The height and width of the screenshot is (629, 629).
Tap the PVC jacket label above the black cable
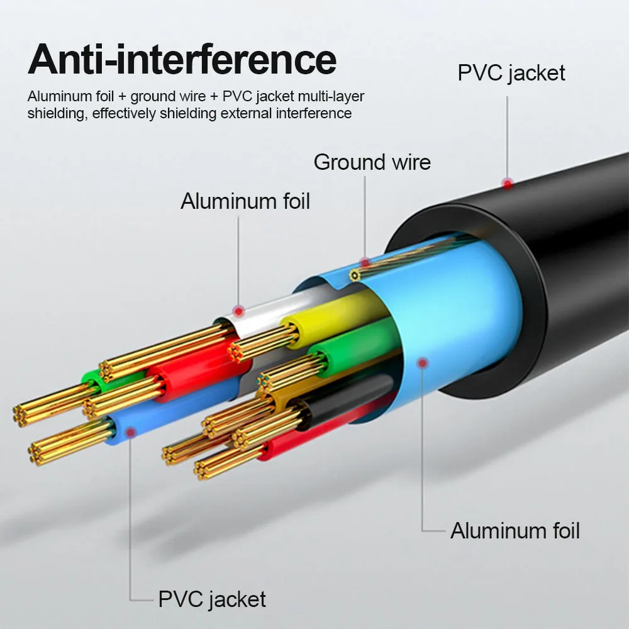click(511, 72)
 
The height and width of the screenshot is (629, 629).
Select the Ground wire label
click(372, 162)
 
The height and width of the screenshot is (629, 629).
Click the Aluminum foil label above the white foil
click(245, 201)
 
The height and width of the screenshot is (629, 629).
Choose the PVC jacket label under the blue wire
click(212, 599)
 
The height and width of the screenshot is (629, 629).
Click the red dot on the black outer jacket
click(508, 183)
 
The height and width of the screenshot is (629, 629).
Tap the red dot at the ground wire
click(365, 262)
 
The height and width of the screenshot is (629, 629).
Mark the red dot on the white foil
click(238, 310)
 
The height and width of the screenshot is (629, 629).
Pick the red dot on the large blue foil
click(423, 362)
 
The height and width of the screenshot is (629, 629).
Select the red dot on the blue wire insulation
click(131, 431)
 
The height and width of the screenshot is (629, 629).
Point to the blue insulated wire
click(164, 415)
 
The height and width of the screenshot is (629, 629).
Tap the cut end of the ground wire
click(355, 276)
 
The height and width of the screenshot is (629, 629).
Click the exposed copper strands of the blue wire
click(69, 443)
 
